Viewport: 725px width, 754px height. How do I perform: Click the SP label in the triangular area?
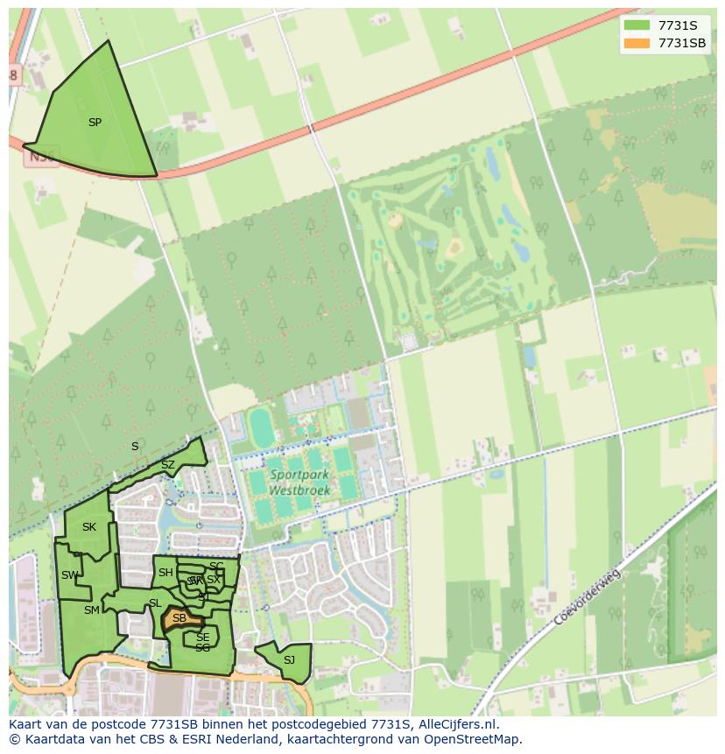pyautogui.click(x=95, y=123)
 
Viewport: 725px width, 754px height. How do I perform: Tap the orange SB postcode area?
pyautogui.click(x=180, y=619)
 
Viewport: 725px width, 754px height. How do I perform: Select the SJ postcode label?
pyautogui.click(x=289, y=660)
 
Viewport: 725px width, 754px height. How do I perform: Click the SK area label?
pyautogui.click(x=88, y=527)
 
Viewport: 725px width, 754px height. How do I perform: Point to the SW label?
pyautogui.click(x=69, y=575)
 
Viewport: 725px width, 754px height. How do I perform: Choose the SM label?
pyautogui.click(x=91, y=610)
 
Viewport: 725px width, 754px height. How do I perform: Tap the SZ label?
pyautogui.click(x=167, y=464)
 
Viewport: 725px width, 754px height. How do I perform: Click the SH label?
pyautogui.click(x=165, y=573)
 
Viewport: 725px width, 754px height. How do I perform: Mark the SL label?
pyautogui.click(x=154, y=603)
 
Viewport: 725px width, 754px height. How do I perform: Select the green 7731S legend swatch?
pyautogui.click(x=637, y=25)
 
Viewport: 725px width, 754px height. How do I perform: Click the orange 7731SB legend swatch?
pyautogui.click(x=637, y=43)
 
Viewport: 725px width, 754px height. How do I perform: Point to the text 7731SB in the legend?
pyautogui.click(x=682, y=43)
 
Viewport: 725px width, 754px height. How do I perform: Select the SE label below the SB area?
pyautogui.click(x=202, y=638)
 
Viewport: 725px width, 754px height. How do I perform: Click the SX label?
pyautogui.click(x=214, y=580)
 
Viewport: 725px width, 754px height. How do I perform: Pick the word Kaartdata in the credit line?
pyautogui.click(x=49, y=739)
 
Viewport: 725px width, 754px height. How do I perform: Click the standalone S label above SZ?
pyautogui.click(x=135, y=447)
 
